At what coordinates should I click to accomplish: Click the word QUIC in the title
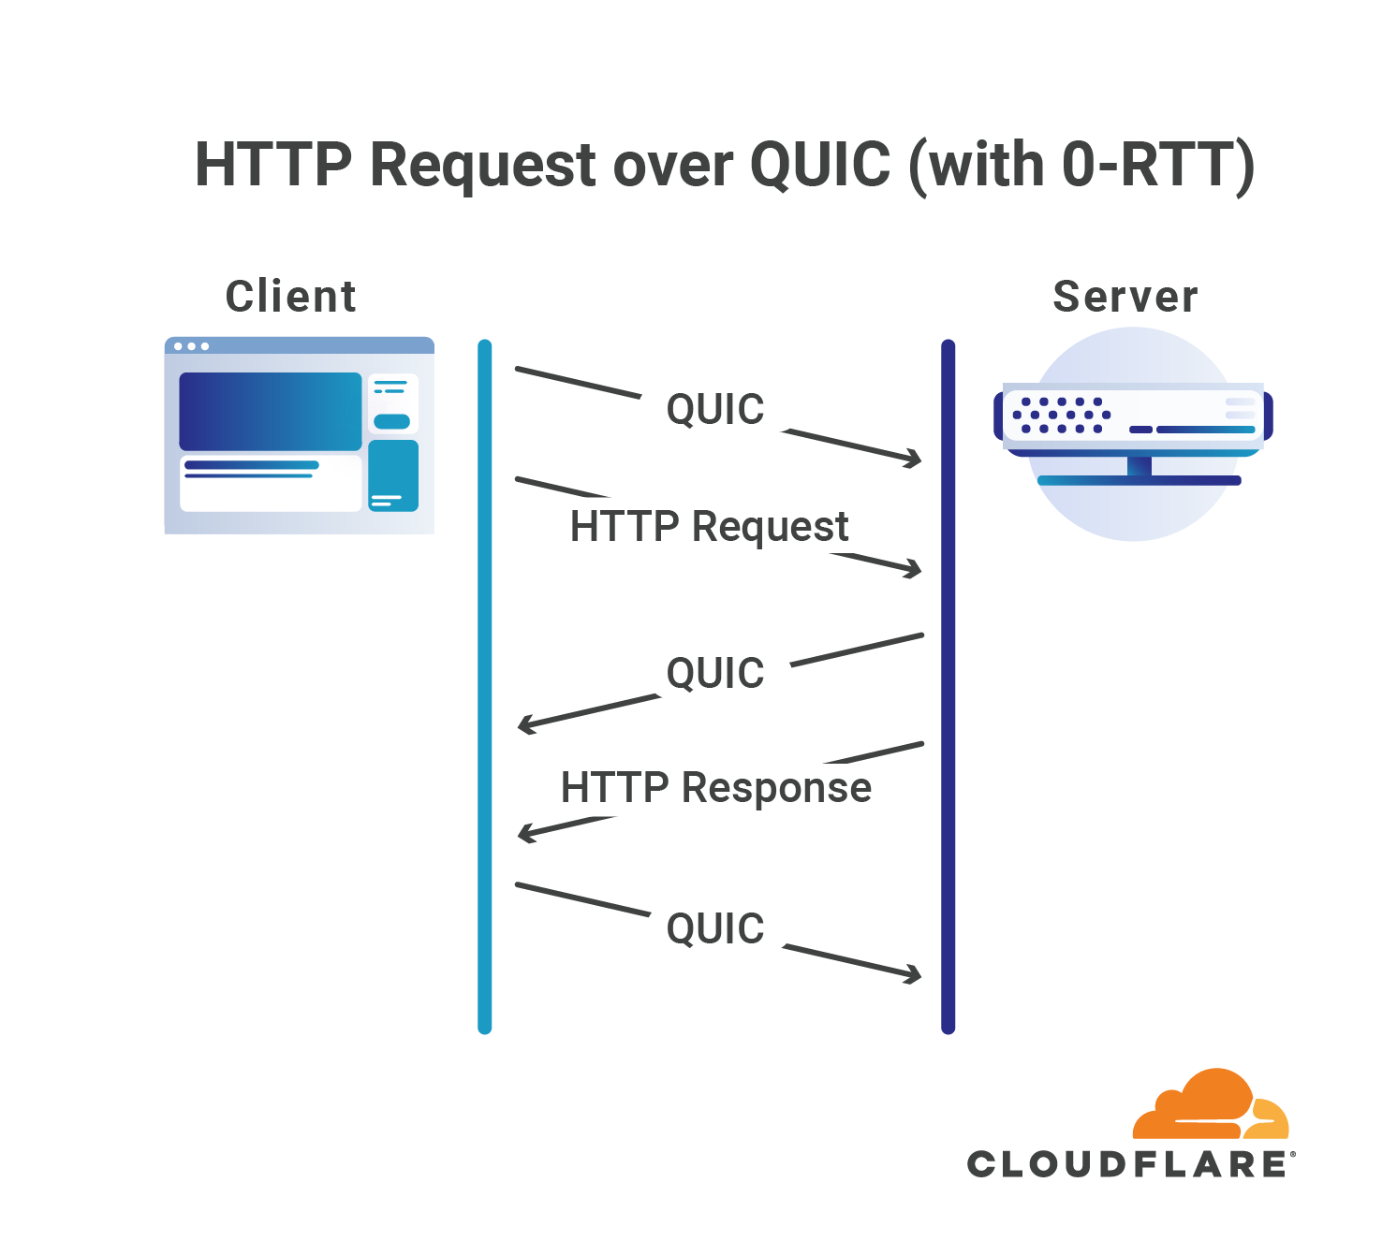coord(820,166)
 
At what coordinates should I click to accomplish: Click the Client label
coord(290,297)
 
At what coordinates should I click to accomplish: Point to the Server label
coord(1125,297)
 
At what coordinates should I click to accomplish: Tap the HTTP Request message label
coord(709,526)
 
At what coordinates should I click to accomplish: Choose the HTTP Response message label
coord(715,787)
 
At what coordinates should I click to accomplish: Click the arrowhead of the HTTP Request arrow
coord(914,568)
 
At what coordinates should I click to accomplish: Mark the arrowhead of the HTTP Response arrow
coord(526,832)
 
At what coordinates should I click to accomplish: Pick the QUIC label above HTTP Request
coord(715,409)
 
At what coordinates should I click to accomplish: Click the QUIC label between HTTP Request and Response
coord(715,673)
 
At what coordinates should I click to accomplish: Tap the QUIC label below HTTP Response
coord(715,928)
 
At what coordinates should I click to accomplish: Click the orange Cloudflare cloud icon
coord(1210,1106)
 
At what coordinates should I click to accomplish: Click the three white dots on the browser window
coord(191,346)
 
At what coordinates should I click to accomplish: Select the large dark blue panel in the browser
coord(270,411)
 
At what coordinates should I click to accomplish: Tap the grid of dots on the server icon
coord(1061,415)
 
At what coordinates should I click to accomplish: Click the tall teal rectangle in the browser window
coord(393,475)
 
